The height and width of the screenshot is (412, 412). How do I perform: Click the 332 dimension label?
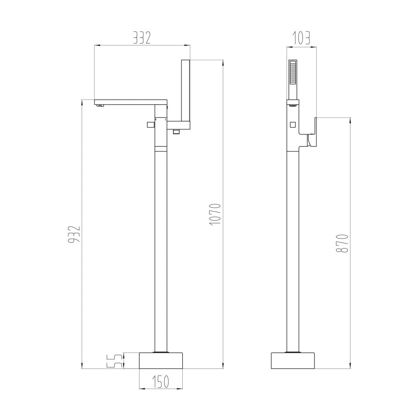142,38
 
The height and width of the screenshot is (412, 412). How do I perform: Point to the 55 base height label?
115,361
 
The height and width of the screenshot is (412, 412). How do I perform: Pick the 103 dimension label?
301,38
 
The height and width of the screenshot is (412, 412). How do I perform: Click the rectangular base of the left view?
161,361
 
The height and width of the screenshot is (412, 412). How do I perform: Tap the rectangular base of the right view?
293,361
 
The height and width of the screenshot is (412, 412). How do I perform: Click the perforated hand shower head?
293,73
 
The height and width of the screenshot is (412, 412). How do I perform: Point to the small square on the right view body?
293,124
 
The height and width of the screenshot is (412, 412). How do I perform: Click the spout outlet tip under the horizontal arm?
100,106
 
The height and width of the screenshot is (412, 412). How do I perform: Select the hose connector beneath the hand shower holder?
176,132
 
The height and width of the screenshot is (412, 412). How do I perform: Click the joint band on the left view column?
161,148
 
